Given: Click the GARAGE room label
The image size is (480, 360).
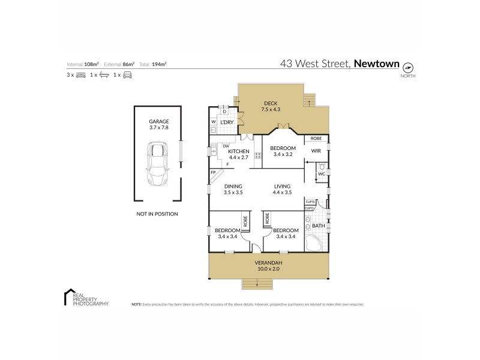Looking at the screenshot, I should [159, 121].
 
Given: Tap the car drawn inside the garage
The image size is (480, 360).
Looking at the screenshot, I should [159, 163].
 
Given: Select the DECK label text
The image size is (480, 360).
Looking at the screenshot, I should [271, 102].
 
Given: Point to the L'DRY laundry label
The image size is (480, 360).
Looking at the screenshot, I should [226, 123].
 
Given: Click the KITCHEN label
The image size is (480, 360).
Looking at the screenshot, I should [230, 151].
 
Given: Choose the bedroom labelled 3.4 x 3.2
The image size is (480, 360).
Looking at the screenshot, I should [282, 148].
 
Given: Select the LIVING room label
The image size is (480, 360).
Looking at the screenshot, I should [282, 187].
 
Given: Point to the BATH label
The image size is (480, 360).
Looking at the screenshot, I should [319, 226].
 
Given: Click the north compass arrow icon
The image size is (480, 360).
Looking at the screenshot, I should [409, 67].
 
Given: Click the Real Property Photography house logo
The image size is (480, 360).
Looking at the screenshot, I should [69, 296].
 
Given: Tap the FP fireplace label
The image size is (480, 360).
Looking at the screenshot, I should [213, 173].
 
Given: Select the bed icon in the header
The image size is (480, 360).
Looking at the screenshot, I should [80, 75].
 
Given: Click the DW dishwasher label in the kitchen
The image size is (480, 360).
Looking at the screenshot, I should [226, 146].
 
